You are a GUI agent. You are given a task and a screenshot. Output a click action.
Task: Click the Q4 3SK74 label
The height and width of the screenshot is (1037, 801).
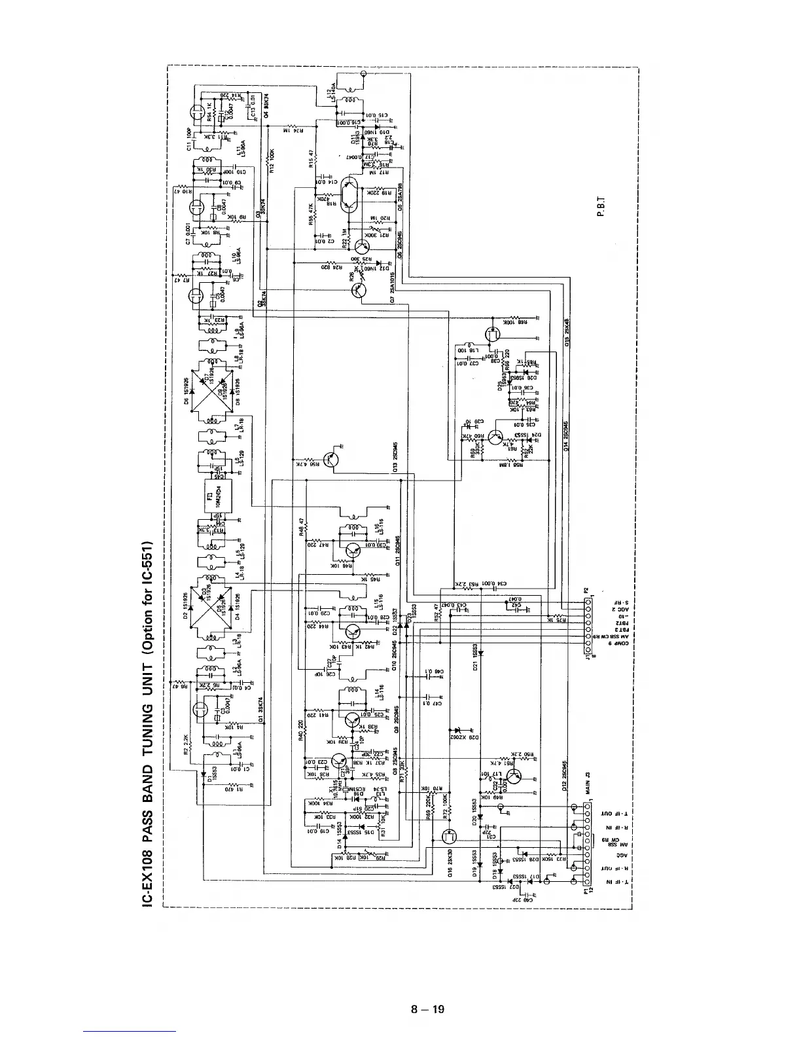click(x=267, y=103)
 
